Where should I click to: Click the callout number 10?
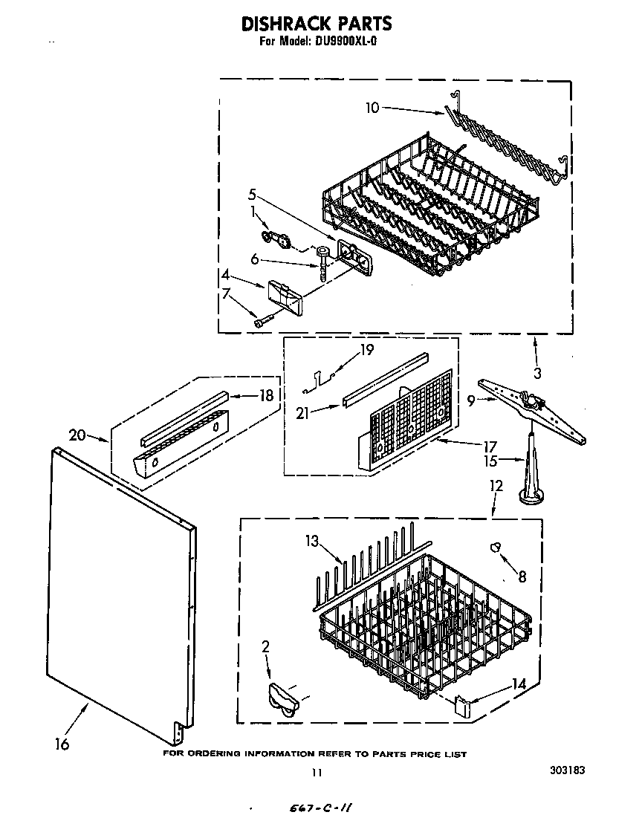coord(372,108)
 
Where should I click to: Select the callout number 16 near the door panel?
coord(62,744)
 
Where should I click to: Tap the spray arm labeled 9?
coord(531,409)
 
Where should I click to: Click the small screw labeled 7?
coord(262,322)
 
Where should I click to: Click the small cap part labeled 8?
coord(496,548)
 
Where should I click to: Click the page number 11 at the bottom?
coord(317,773)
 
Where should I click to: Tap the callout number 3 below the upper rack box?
coord(537,373)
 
